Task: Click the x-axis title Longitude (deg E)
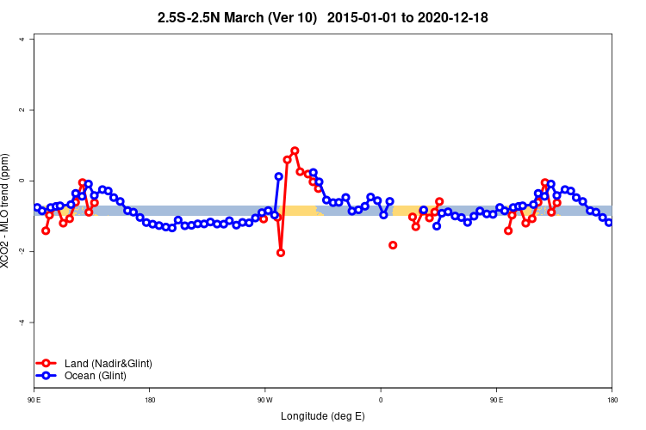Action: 323,416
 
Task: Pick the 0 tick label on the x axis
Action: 380,400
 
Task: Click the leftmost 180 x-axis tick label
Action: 149,400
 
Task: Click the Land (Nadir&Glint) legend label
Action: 108,364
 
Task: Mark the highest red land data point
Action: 295,150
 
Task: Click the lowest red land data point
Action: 281,253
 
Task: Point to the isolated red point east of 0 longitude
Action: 393,245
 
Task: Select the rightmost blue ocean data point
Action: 609,223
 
